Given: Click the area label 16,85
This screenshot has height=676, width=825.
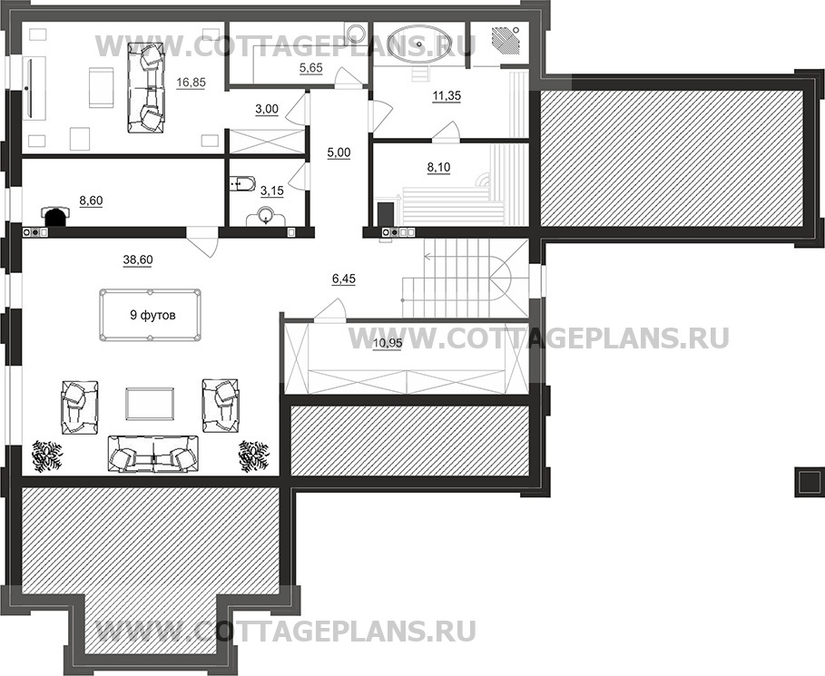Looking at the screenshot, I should pos(191,83).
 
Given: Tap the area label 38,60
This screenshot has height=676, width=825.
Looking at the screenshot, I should pos(138,260).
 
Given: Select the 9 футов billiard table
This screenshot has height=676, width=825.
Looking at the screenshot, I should pos(149,316).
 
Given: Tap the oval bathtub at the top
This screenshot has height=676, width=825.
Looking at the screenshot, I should pos(418,43).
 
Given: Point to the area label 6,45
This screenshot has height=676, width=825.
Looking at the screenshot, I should pos(343,279).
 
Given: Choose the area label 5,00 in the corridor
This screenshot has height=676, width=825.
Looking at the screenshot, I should pos(338,152).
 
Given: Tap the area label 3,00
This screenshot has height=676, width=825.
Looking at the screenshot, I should pos(266,109).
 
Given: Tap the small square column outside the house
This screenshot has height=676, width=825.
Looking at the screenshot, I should pos(804,481).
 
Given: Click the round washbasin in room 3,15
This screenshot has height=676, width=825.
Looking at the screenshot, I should pos(264,216).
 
